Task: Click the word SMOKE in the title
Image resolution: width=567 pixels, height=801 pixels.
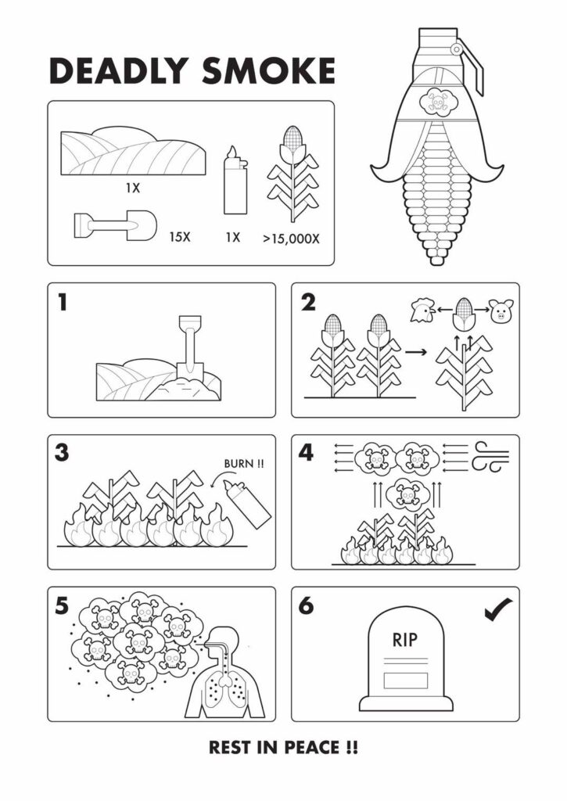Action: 268,71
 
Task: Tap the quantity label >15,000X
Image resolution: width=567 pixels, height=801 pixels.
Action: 291,239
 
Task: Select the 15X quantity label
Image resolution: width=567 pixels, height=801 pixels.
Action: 180,237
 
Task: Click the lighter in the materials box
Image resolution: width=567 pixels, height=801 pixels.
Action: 235,181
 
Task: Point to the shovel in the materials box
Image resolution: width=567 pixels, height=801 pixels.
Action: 115,224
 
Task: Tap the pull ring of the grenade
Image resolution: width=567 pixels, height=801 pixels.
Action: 456,49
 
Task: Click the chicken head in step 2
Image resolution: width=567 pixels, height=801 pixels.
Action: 422,309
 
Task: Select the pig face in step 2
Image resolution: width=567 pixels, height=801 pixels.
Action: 501,311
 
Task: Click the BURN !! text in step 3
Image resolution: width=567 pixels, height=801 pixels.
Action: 244,464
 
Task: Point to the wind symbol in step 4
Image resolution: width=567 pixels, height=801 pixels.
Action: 490,456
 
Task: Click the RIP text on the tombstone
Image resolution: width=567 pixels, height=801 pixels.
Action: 404,639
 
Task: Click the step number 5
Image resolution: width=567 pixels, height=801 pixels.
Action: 62,605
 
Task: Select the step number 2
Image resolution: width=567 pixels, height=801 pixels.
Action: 308,303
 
